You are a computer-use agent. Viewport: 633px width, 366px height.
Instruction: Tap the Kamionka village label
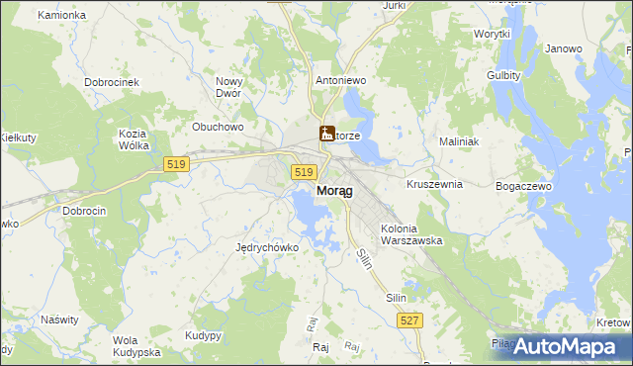coord(61,16)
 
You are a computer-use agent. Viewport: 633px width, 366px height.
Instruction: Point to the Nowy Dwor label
coord(229,88)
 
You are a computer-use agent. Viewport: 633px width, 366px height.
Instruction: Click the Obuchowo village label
coord(218,127)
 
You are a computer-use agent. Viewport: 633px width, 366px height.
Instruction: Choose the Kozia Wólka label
coord(133,139)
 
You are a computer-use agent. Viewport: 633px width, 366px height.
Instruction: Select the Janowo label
coord(564,48)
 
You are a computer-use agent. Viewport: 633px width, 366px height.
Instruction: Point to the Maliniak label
coord(459,141)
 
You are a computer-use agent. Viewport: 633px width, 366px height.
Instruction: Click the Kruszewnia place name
coord(435,184)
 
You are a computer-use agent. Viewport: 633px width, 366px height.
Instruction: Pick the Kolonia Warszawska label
coord(410,234)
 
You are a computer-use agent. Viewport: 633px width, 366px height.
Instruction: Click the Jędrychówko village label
coord(267,247)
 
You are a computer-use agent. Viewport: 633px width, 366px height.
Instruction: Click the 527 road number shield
coord(410,320)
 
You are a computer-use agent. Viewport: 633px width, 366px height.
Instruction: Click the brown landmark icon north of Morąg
coord(326,133)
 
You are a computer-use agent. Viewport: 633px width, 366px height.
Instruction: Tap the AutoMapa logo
coord(565,346)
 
